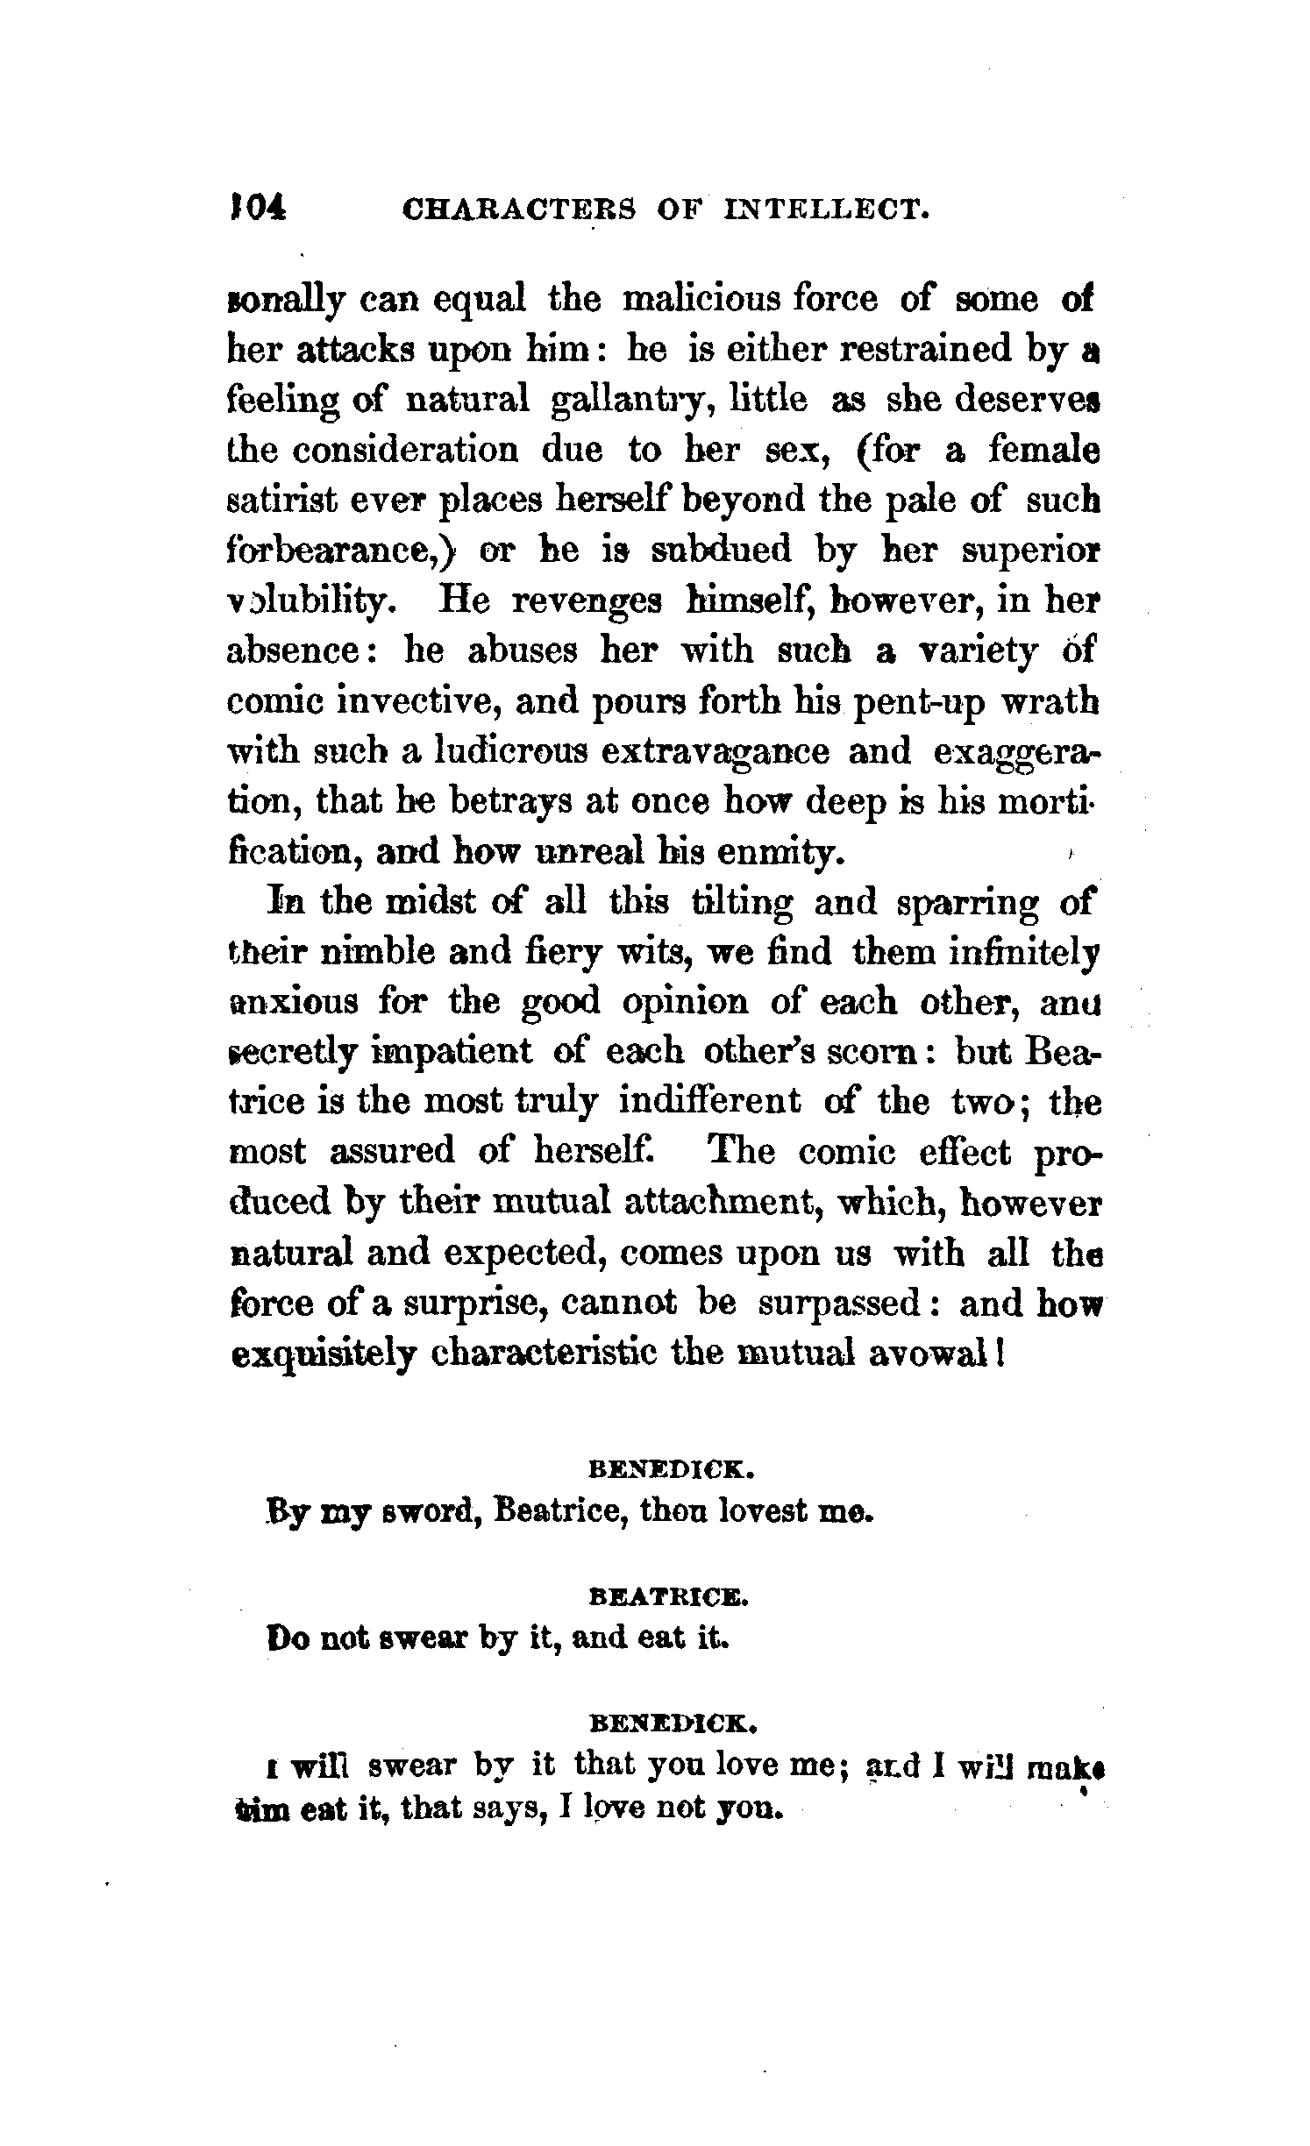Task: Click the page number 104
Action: point(256,210)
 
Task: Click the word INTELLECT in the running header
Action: point(826,210)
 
